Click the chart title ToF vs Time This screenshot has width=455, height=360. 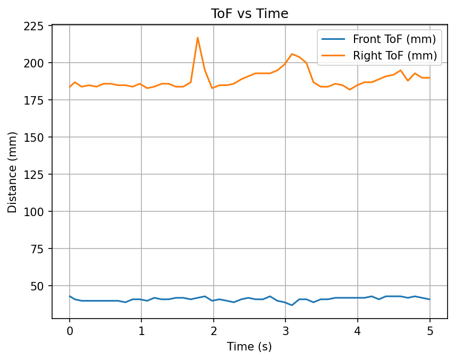pos(250,14)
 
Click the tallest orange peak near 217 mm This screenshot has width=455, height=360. pos(198,38)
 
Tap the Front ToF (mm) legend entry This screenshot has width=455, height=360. pos(394,39)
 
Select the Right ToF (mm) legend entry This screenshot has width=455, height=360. pos(394,55)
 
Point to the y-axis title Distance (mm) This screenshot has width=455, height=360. pos(12,172)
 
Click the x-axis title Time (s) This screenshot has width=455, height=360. pos(249,347)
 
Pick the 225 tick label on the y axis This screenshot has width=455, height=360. pos(37,25)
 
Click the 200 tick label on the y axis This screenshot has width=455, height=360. pos(37,63)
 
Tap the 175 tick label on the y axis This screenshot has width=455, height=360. pos(37,100)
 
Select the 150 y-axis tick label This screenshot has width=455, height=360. pos(37,138)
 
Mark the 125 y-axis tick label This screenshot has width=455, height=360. pos(37,175)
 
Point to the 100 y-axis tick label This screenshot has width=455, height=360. pos(37,212)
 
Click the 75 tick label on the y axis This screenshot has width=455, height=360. pos(39,249)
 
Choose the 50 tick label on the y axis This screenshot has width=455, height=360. pos(39,286)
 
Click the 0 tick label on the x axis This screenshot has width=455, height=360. pos(70,331)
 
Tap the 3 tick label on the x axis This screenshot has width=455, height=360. pos(285,331)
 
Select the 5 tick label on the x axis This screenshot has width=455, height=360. pos(429,331)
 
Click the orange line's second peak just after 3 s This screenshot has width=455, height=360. pos(292,54)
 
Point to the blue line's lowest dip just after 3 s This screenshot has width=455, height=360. pos(292,305)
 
